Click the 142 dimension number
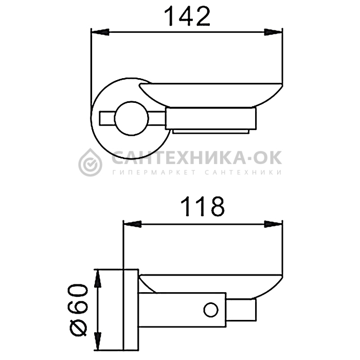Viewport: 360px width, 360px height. (187, 16)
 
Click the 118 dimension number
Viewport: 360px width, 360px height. (203, 206)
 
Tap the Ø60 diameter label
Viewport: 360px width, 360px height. (78, 310)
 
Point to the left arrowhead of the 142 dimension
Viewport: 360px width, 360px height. (100, 32)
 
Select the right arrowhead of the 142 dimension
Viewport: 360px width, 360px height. (273, 32)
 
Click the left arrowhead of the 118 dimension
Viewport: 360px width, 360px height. (132, 224)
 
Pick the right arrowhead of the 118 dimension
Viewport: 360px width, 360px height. (273, 224)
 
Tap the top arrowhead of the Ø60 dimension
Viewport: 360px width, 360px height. (98, 279)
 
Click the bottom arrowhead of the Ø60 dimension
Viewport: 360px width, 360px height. (98, 341)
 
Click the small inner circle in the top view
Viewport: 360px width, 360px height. (132, 118)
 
